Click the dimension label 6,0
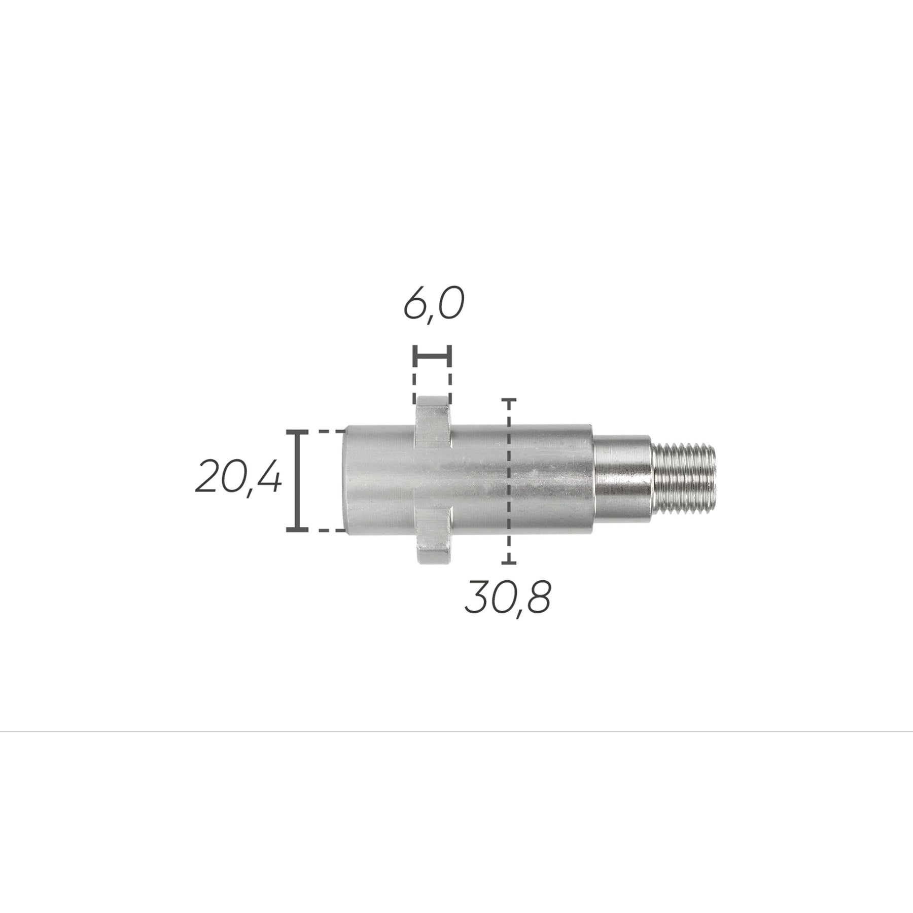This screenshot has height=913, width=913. (434, 304)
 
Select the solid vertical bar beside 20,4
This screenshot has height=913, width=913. (297, 480)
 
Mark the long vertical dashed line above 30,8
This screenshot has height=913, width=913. (508, 481)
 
